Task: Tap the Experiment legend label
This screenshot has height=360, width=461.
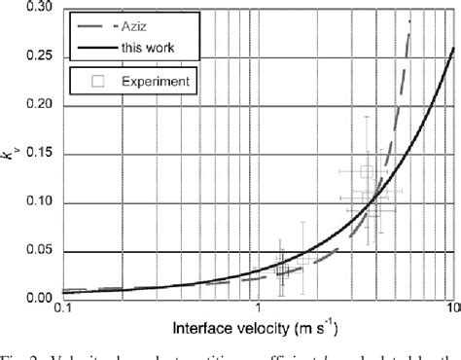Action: point(154,81)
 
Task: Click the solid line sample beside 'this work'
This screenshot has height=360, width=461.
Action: point(95,48)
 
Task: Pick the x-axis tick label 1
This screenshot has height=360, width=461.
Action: point(258,310)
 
